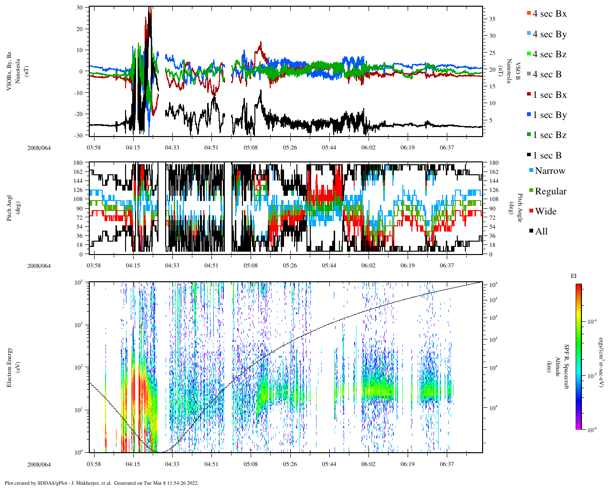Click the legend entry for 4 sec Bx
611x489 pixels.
(549, 14)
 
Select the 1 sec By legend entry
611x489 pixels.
(549, 115)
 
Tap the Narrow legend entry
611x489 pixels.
(549, 171)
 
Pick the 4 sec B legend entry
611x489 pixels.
(547, 74)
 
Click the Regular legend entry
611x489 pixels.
(550, 191)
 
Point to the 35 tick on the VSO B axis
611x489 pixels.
(492, 19)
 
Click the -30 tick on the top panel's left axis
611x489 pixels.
(79, 135)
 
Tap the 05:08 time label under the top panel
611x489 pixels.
(251, 148)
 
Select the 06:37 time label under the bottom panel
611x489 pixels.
(447, 464)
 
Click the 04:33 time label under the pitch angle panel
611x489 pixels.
(172, 266)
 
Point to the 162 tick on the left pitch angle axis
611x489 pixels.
(77, 172)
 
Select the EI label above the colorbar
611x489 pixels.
(574, 276)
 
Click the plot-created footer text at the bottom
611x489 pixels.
(102, 483)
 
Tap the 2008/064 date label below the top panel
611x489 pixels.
(39, 148)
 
